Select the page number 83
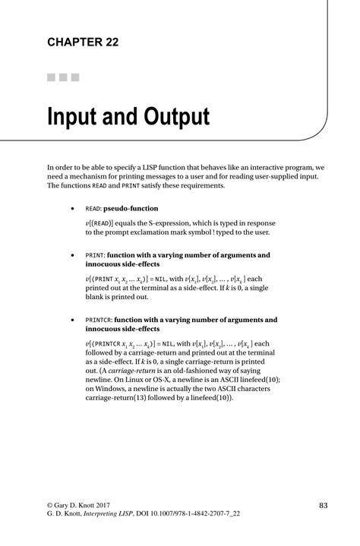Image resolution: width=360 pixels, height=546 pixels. tap(323, 505)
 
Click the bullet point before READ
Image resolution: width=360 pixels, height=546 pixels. tap(71, 208)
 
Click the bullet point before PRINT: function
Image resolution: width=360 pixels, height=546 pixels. tap(71, 255)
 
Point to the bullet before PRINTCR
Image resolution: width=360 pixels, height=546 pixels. tap(71, 320)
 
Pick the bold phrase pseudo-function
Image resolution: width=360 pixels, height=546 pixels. tap(133, 208)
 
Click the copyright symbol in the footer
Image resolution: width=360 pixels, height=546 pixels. tap(50, 505)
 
